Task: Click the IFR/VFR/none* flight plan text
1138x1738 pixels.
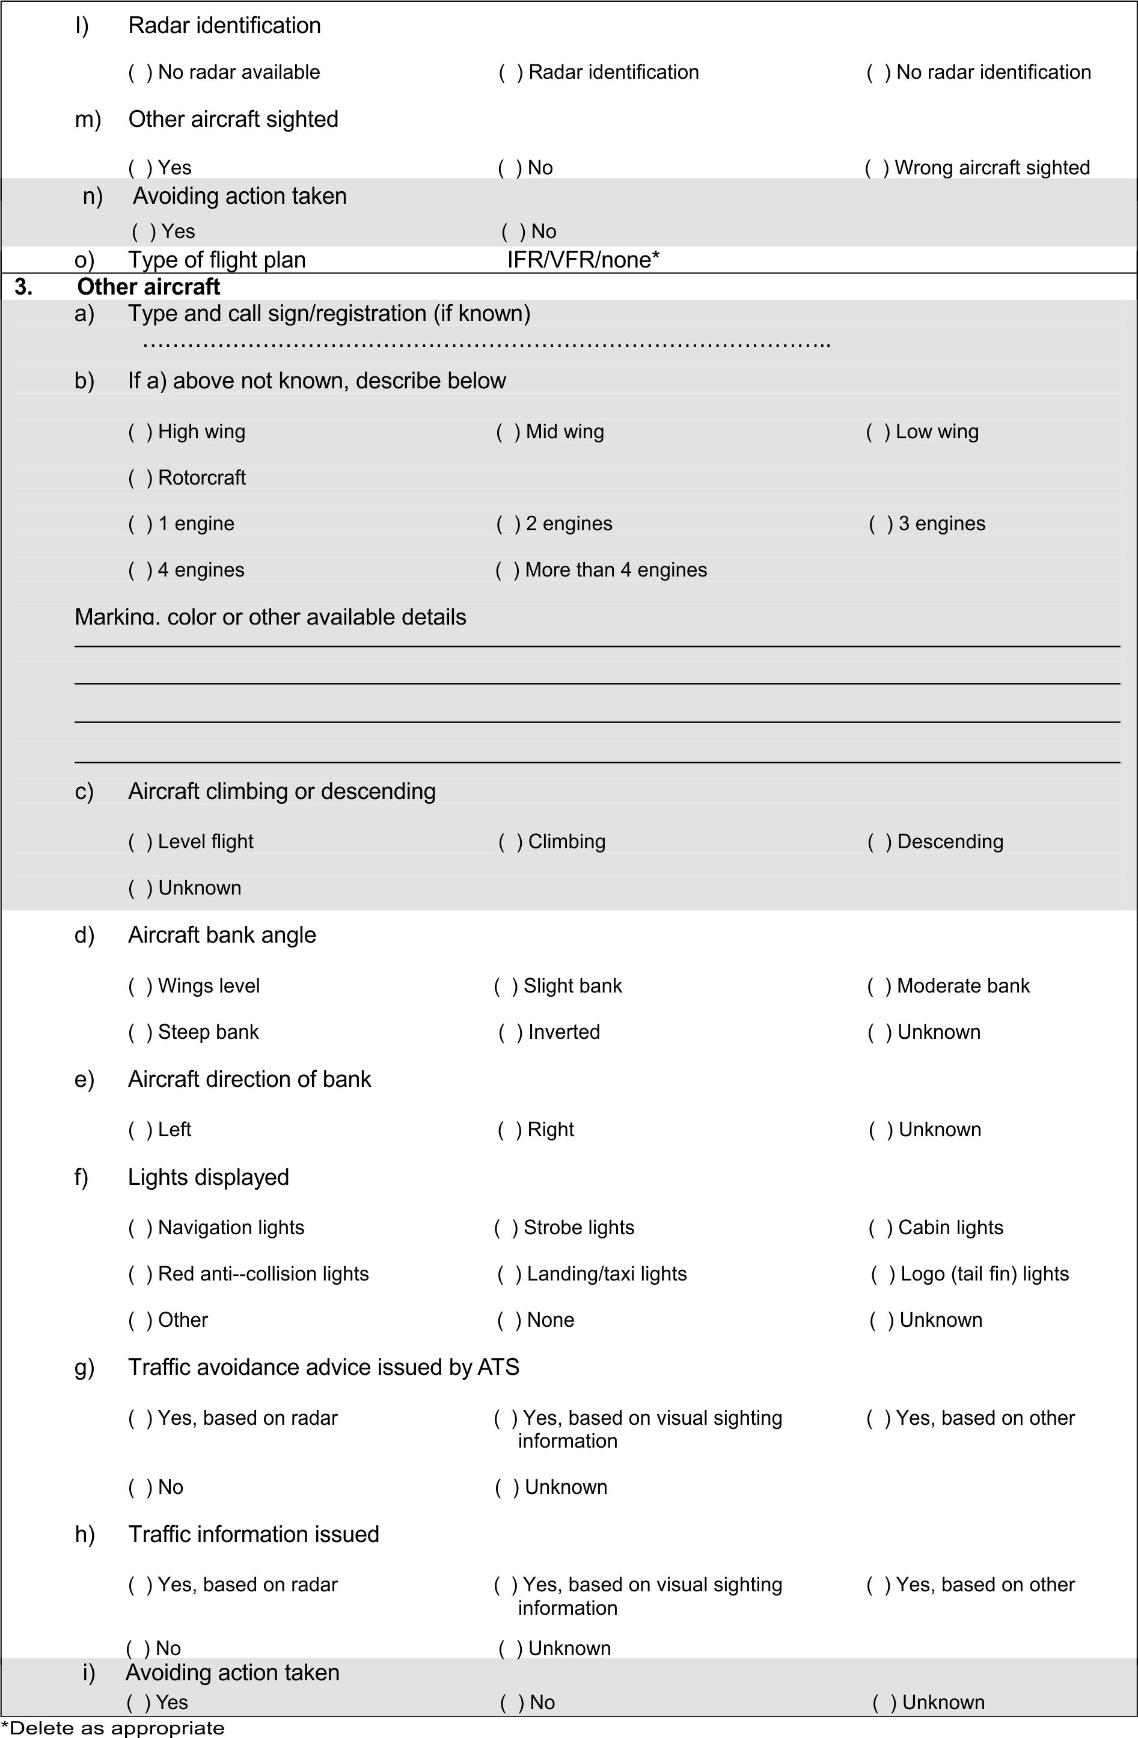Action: (x=583, y=260)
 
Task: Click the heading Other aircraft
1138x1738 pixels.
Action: (x=148, y=286)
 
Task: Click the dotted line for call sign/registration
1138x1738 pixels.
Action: (x=486, y=343)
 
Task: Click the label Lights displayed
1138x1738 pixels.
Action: (x=208, y=1177)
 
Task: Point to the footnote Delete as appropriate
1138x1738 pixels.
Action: (x=113, y=1728)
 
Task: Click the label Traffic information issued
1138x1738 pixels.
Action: (x=254, y=1534)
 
